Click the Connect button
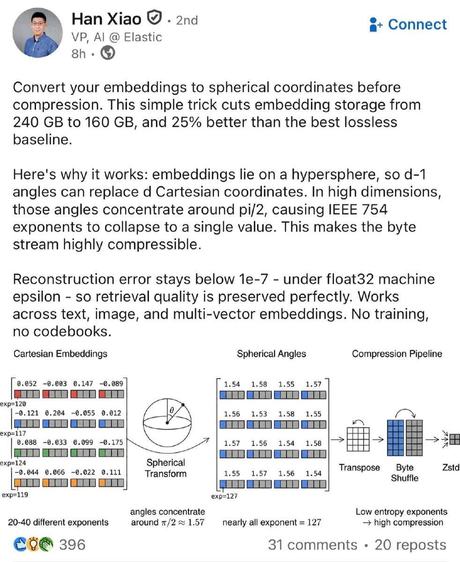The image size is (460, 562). coord(408,24)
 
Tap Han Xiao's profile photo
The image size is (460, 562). coord(37,33)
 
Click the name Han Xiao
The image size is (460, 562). coord(106,19)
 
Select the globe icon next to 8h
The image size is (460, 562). coord(108,53)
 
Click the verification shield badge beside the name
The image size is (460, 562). coord(154,19)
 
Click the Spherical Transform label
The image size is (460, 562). coord(165,468)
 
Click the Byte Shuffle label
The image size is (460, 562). coord(405,473)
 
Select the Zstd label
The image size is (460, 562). coord(450,467)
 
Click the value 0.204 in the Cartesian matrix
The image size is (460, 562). coord(55,413)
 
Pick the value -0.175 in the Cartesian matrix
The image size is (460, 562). coord(112,442)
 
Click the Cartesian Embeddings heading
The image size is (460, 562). coord(60,354)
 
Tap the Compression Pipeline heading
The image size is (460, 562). coord(397,354)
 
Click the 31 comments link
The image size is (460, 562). coord(312,545)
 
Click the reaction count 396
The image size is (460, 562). coord(72,545)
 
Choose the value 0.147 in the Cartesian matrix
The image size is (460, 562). coord(83,384)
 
